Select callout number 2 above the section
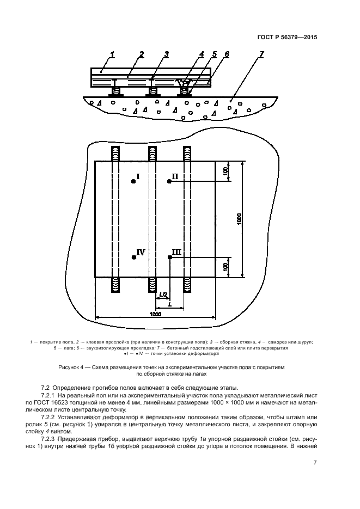[141, 53]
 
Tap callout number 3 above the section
[166, 53]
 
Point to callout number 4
[202, 54]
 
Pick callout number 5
[214, 54]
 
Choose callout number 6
[227, 54]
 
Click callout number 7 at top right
[262, 54]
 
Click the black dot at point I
[133, 182]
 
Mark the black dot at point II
[169, 181]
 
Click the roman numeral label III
[176, 252]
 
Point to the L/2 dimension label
[162, 295]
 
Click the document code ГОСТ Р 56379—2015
[287, 38]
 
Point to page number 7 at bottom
[315, 463]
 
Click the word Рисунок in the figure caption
[69, 368]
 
